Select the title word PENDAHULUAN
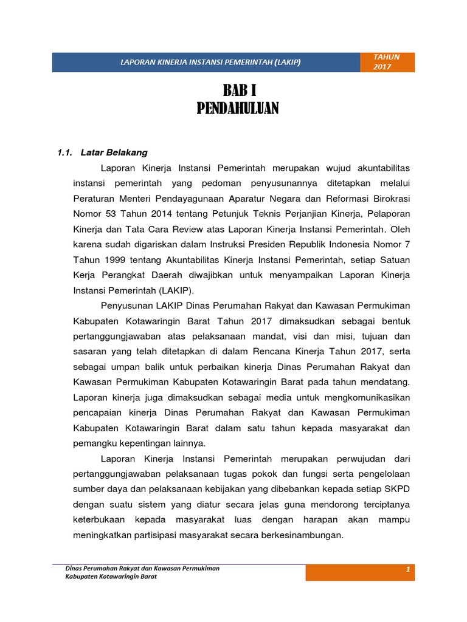(238, 109)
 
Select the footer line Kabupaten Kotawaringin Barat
(111, 576)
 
